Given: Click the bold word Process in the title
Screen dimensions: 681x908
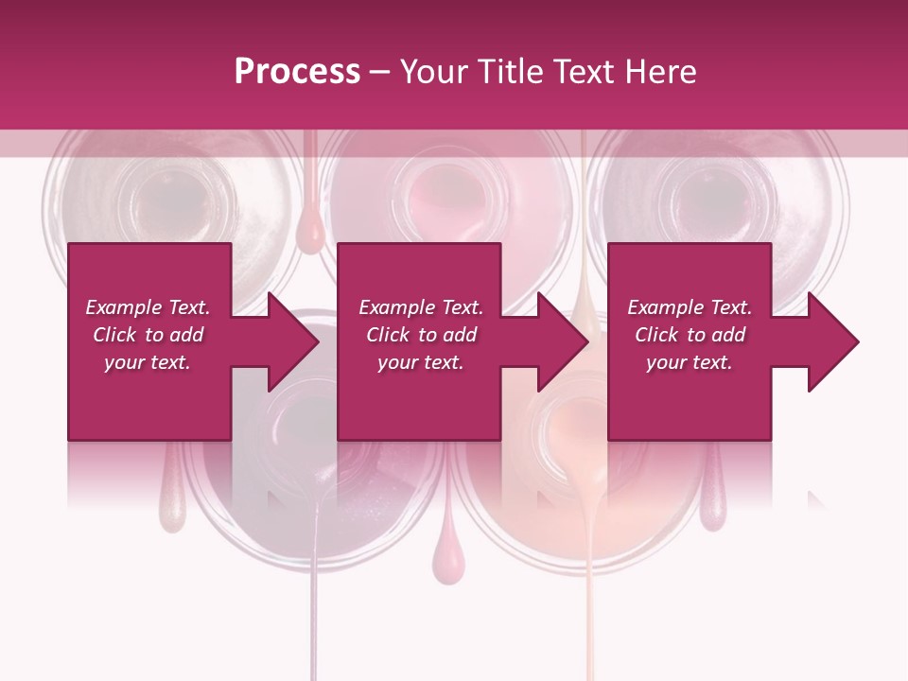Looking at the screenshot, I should coord(297,71).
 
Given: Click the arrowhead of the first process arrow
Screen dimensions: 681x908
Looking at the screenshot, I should coord(294,341).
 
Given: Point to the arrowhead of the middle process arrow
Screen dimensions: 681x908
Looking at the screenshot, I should coord(564,341).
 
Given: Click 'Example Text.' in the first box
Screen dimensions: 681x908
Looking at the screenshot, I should coord(148,307).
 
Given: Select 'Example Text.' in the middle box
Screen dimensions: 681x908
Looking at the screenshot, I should coord(421,307).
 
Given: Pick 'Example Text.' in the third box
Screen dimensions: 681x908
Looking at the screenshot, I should coord(690,307).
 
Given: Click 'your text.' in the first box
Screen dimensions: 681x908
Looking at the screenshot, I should coord(148,362).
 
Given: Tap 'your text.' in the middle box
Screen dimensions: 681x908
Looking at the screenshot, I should coord(421,362).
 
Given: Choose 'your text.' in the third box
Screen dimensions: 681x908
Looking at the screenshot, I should coord(690,362).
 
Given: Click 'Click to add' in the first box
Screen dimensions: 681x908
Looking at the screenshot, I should coord(148,335).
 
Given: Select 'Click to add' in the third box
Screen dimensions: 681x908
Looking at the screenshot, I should coord(690,335).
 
